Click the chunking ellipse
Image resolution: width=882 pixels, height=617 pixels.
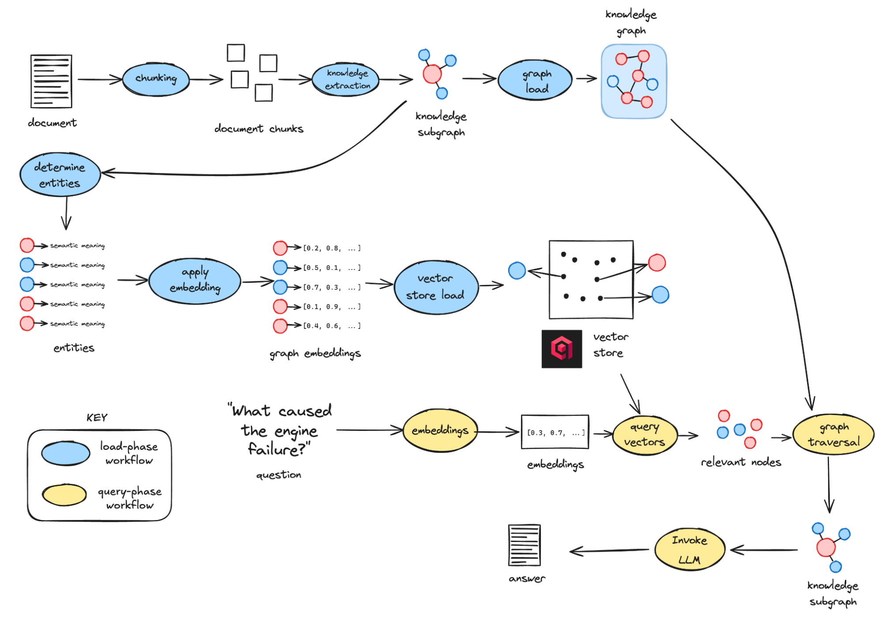point(156,79)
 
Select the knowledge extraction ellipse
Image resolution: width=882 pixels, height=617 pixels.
point(345,79)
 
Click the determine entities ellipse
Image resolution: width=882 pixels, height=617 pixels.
point(60,175)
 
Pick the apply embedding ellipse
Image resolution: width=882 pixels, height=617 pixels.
point(195,281)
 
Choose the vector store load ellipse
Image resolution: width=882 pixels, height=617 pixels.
point(435,287)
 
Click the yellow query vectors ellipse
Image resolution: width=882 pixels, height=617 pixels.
point(644,434)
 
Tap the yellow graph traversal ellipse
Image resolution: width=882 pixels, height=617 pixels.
point(833,434)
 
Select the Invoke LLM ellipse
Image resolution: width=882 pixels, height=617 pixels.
point(689,550)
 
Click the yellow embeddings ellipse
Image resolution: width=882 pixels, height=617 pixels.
point(440,430)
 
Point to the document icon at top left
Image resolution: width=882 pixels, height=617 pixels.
point(51,81)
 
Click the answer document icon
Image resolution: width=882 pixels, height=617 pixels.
point(524,545)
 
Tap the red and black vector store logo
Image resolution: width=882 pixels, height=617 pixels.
point(561,348)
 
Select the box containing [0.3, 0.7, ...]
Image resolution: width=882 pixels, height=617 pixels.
point(555,432)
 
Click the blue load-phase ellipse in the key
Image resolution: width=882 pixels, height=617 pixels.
point(65,453)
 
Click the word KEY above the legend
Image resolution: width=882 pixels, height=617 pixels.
point(97,418)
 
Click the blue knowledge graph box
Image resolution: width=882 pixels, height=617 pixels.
point(634,81)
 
